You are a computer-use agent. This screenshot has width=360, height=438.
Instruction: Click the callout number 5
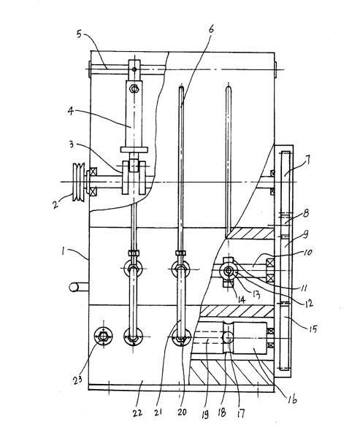(x=80, y=34)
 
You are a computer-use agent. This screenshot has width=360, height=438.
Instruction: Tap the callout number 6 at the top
(x=211, y=29)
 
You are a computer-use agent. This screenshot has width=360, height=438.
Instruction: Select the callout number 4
(x=71, y=112)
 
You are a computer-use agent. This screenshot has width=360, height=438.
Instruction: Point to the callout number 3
(x=72, y=145)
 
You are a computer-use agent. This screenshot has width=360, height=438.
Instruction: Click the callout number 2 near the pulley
(x=55, y=204)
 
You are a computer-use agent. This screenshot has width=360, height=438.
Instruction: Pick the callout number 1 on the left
(x=64, y=251)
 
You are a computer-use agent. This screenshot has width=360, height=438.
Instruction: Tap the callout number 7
(x=307, y=161)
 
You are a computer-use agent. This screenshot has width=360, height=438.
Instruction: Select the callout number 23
(x=77, y=380)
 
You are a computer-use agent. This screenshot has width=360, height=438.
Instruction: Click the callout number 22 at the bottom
(x=137, y=412)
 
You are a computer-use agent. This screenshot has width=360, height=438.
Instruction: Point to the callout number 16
(x=292, y=399)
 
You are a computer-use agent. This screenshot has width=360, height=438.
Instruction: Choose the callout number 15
(x=313, y=329)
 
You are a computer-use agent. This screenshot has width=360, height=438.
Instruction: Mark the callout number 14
(x=241, y=300)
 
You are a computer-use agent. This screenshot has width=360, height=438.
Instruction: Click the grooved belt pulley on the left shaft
(x=78, y=182)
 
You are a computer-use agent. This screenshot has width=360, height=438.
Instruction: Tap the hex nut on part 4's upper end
(x=134, y=89)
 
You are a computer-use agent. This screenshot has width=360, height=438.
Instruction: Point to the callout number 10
(x=307, y=253)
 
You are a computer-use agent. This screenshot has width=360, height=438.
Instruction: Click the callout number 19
(x=205, y=415)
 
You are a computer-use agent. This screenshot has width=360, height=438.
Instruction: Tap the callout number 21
(x=158, y=412)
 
